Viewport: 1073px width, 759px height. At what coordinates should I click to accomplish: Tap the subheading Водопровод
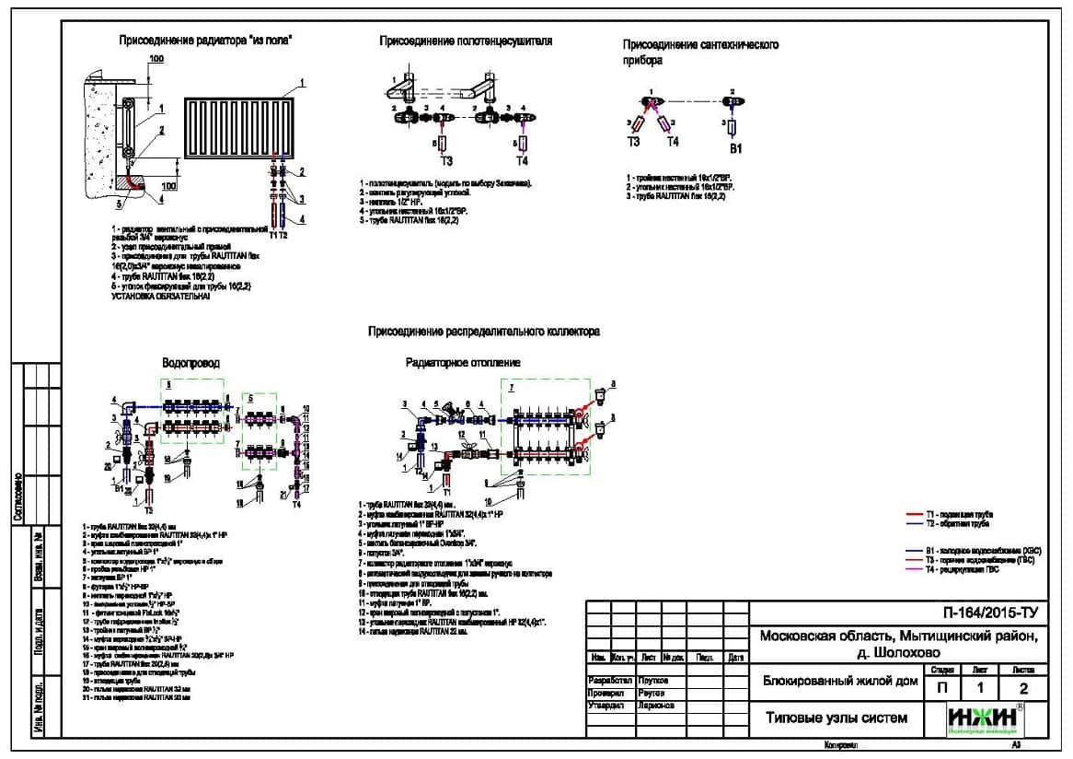click(x=190, y=363)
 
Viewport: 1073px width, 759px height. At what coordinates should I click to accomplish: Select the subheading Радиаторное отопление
click(x=463, y=363)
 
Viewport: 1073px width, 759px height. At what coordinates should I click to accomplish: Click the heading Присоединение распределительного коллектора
click(x=484, y=331)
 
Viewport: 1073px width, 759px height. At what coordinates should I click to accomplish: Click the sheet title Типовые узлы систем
click(x=836, y=718)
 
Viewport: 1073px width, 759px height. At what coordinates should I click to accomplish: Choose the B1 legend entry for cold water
click(x=966, y=550)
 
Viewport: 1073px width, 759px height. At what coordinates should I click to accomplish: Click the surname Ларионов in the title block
click(x=654, y=705)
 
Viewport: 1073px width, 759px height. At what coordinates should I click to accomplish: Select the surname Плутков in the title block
click(x=652, y=680)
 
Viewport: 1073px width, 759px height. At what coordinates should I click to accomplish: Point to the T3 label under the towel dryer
click(x=446, y=161)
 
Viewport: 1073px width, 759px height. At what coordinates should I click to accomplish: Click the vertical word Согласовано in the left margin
click(x=18, y=498)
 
